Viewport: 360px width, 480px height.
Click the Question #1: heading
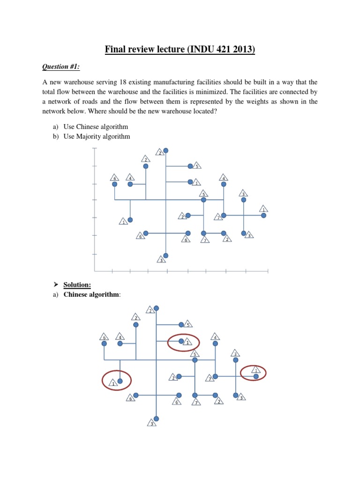pyautogui.click(x=61, y=67)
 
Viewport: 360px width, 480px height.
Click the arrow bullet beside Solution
pyautogui.click(x=55, y=285)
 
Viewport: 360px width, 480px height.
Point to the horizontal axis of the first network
pyautogui.click(x=181, y=270)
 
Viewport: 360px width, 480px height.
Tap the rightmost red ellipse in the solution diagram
pyautogui.click(x=253, y=374)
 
